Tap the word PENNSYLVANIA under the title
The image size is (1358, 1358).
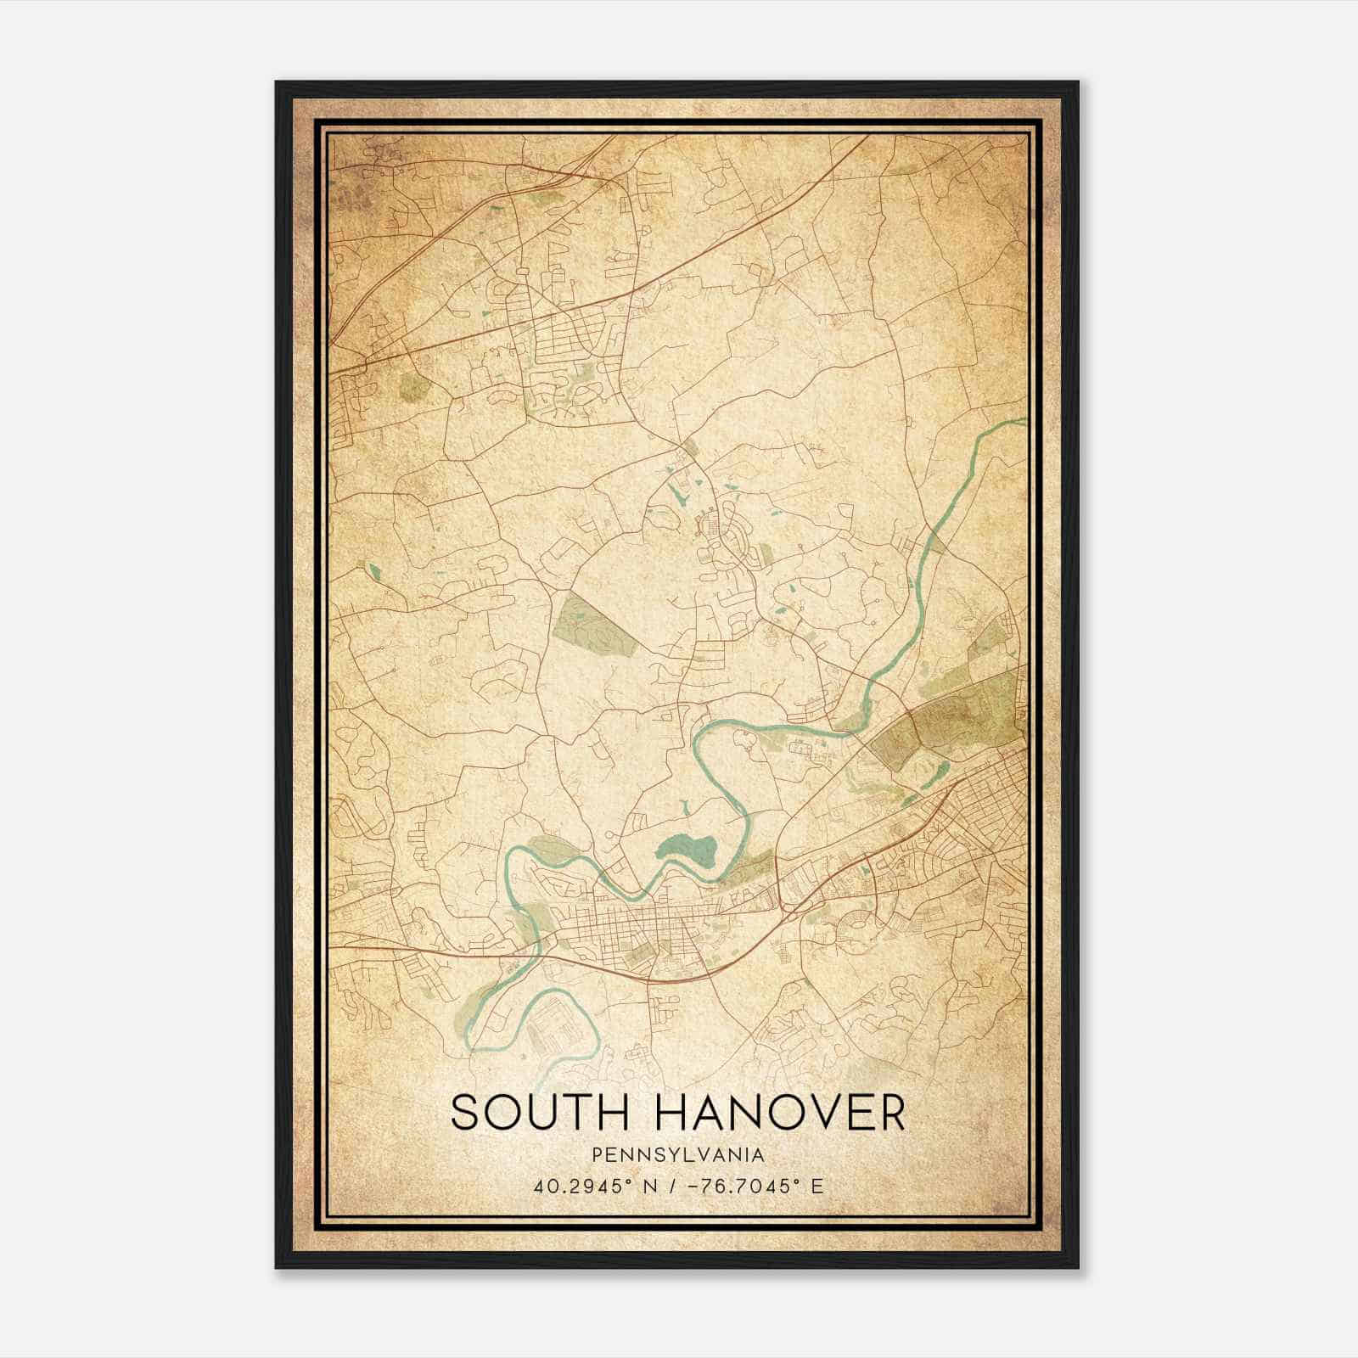(x=678, y=1155)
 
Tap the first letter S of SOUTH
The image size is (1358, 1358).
(x=464, y=1113)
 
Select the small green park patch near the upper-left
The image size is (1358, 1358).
(x=413, y=388)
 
